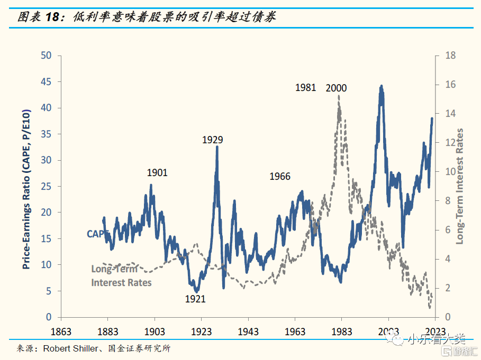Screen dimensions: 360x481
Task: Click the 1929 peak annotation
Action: pyautogui.click(x=213, y=140)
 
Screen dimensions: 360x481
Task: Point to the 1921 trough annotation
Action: pyautogui.click(x=195, y=299)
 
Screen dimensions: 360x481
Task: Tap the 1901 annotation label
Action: pyautogui.click(x=157, y=173)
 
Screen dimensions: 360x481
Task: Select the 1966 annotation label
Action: pyautogui.click(x=279, y=177)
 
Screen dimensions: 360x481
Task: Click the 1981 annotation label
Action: pyautogui.click(x=305, y=88)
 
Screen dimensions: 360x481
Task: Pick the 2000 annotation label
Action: pyautogui.click(x=336, y=88)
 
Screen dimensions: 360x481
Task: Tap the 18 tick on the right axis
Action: pyautogui.click(x=447, y=56)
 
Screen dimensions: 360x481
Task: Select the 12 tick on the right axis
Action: pyautogui.click(x=447, y=143)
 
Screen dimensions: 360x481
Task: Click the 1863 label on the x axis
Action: pyautogui.click(x=61, y=331)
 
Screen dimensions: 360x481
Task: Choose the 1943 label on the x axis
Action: pyautogui.click(x=248, y=331)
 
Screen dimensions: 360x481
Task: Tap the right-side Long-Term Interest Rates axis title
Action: pyautogui.click(x=459, y=186)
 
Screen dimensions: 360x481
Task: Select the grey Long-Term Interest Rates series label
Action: pyautogui.click(x=121, y=275)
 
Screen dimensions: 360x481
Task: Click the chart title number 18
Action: pyautogui.click(x=53, y=16)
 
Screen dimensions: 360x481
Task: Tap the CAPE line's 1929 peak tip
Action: pyautogui.click(x=217, y=147)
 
